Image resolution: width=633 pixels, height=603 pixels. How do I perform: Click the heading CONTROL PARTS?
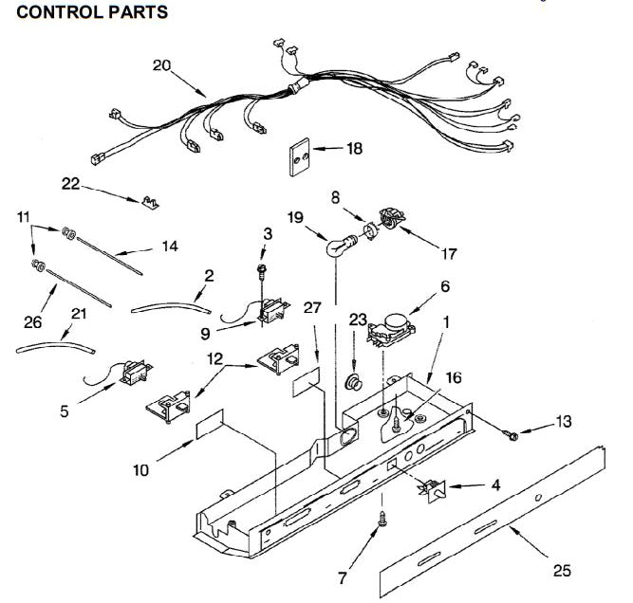click(x=93, y=12)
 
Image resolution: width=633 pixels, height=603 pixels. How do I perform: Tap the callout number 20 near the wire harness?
click(x=161, y=65)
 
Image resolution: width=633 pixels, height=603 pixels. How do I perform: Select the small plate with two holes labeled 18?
click(x=301, y=156)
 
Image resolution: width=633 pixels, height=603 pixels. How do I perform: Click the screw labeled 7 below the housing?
click(x=382, y=519)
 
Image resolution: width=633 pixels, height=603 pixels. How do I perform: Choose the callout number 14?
click(x=170, y=247)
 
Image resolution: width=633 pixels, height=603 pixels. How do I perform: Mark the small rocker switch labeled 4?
click(x=434, y=487)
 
